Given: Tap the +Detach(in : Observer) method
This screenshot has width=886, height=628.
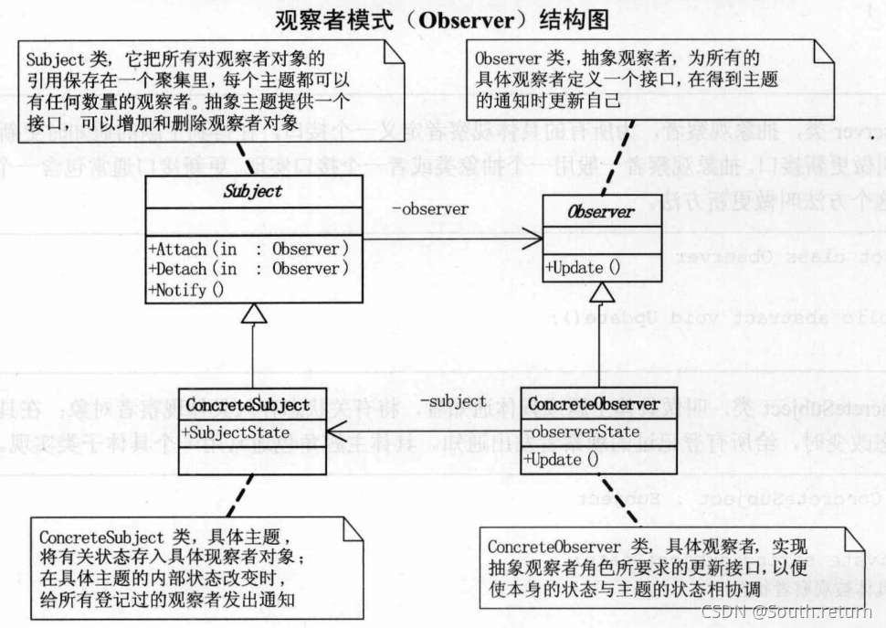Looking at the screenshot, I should [248, 269].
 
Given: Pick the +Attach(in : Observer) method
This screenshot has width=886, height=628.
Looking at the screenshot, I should [248, 248].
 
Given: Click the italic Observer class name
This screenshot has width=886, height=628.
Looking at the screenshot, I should [601, 212].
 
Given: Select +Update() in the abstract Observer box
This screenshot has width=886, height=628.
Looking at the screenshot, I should [583, 268].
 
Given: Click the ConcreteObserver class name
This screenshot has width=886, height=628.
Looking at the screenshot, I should [594, 403].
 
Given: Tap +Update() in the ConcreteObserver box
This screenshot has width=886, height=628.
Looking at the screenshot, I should [562, 460].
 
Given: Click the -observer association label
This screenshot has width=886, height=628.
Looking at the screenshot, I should [430, 208].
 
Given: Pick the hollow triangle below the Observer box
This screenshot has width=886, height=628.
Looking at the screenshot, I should [598, 293].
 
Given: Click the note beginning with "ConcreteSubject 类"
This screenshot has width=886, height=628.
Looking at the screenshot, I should [179, 564].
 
